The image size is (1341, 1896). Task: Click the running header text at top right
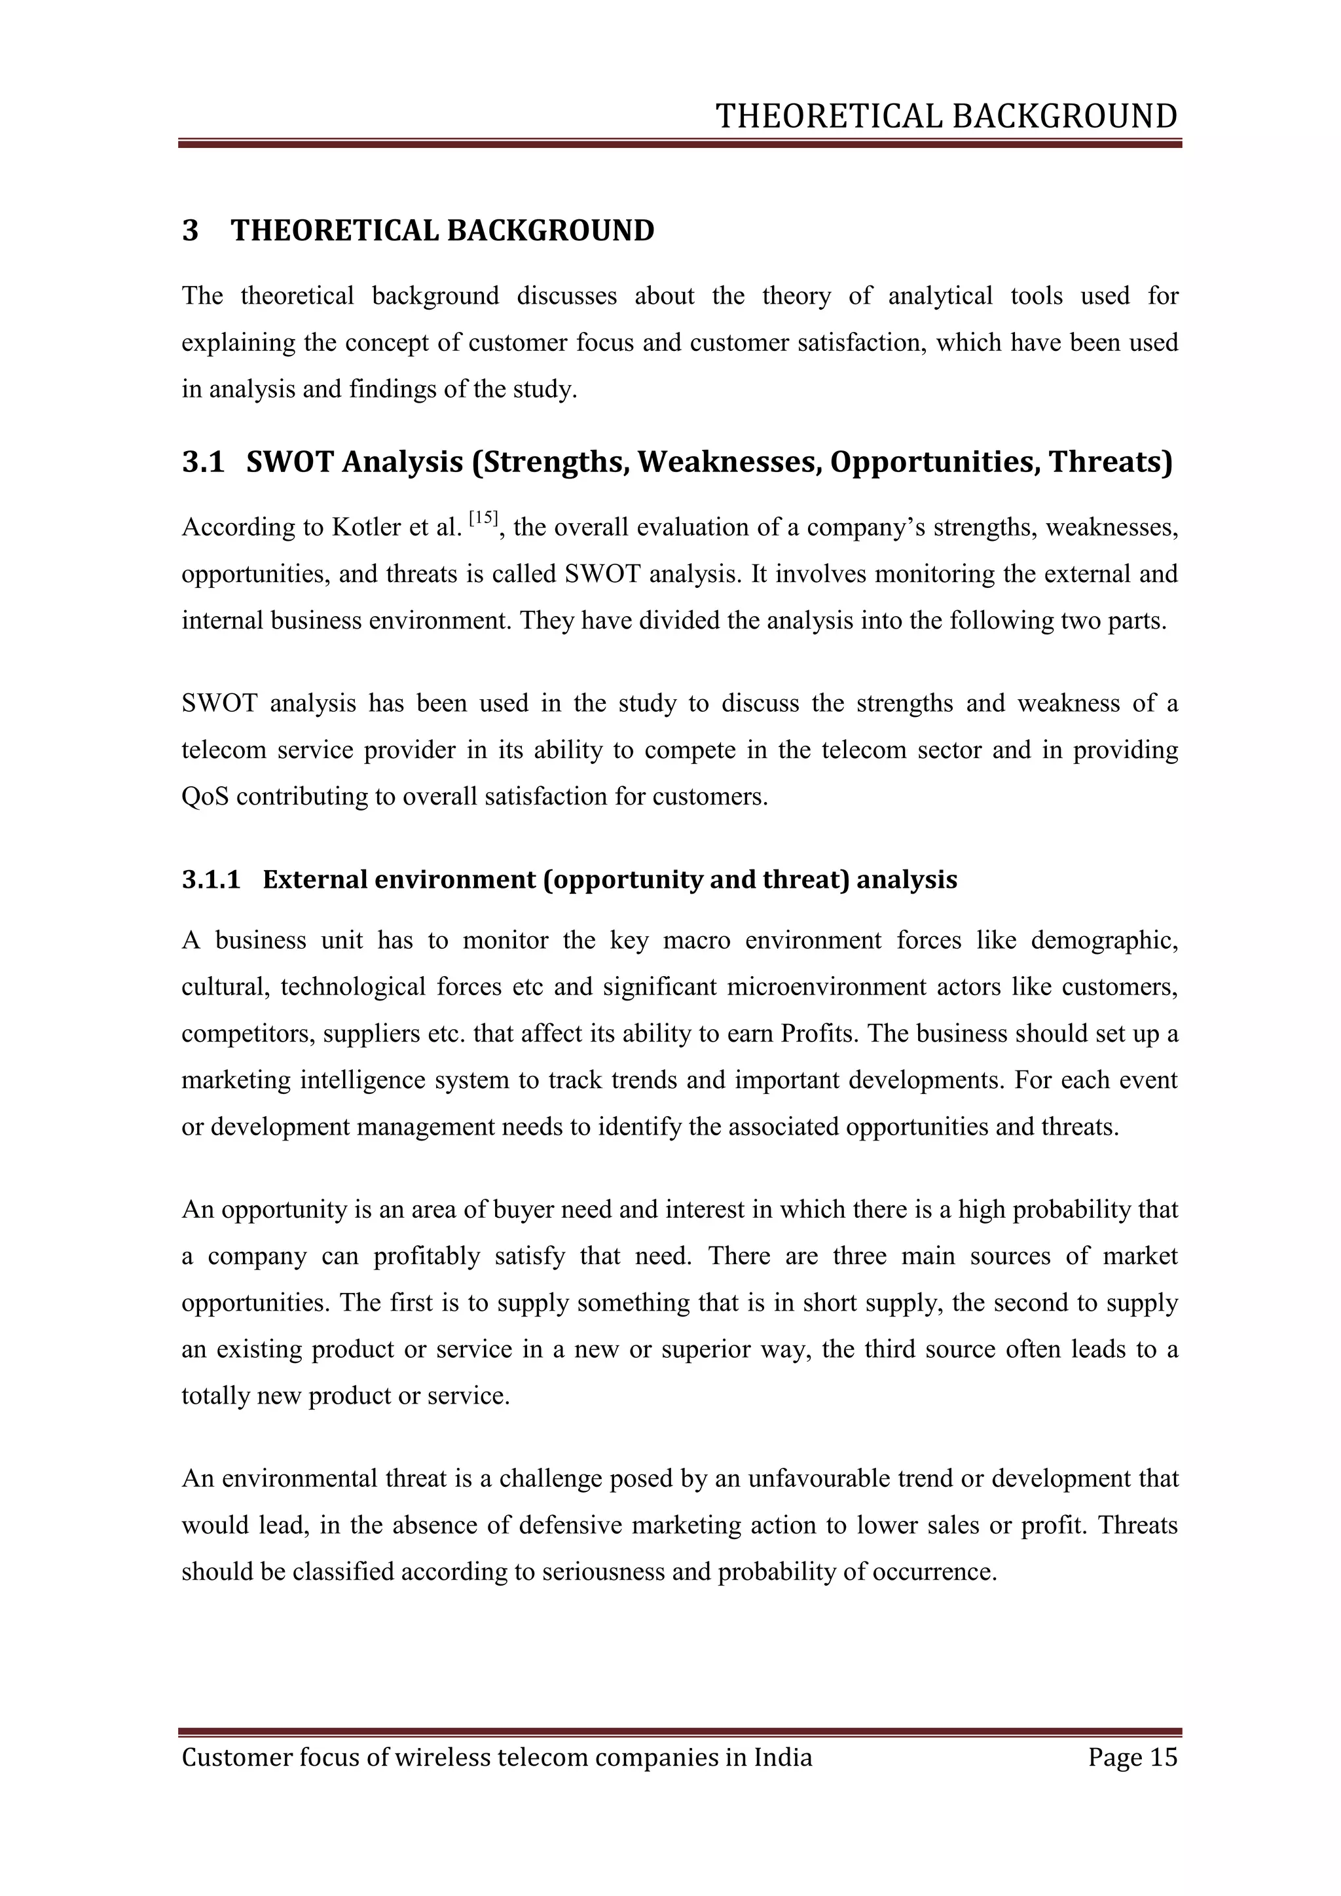946,117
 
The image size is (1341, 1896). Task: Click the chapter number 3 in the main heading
190,230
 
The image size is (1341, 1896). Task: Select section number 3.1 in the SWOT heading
202,462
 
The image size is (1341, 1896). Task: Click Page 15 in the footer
1132,1757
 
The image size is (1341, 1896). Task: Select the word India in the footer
783,1757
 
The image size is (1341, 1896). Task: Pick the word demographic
1104,941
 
